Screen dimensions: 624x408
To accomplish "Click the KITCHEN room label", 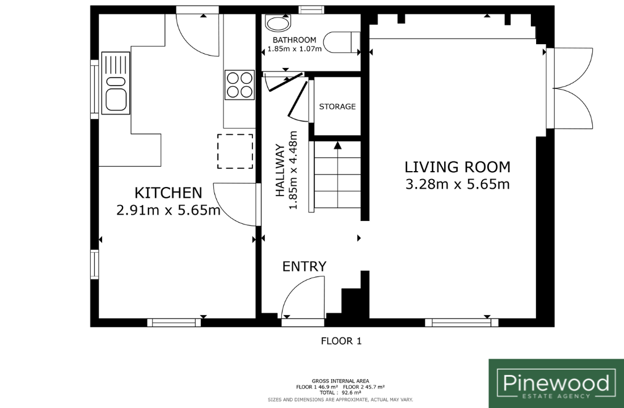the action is pyautogui.click(x=168, y=193).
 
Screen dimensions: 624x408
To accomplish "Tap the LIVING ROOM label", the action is pyautogui.click(x=457, y=167).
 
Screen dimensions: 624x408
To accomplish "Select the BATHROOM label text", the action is pyautogui.click(x=294, y=40).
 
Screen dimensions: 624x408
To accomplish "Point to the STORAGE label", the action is pyautogui.click(x=338, y=107).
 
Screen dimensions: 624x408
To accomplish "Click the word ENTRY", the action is pyautogui.click(x=305, y=266).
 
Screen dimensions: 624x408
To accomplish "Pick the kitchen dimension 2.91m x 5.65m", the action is pyautogui.click(x=168, y=210).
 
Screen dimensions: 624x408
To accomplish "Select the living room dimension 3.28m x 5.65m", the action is pyautogui.click(x=458, y=185).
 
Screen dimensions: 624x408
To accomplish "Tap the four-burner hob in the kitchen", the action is pyautogui.click(x=239, y=84).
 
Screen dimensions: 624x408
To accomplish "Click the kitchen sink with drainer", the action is pyautogui.click(x=116, y=83).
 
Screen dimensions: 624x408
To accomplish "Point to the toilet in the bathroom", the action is pyautogui.click(x=342, y=42).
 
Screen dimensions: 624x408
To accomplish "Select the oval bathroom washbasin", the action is pyautogui.click(x=278, y=23).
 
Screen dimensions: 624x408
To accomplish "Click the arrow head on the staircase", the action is pyautogui.click(x=338, y=146).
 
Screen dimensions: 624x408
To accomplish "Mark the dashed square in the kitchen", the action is pyautogui.click(x=235, y=151).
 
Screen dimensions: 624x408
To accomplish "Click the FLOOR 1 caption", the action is pyautogui.click(x=341, y=341).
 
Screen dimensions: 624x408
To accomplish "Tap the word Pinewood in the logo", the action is pyautogui.click(x=556, y=383).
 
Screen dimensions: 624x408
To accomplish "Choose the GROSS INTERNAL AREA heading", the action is pyautogui.click(x=340, y=381).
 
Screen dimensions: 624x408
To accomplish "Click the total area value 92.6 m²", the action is pyautogui.click(x=351, y=393).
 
